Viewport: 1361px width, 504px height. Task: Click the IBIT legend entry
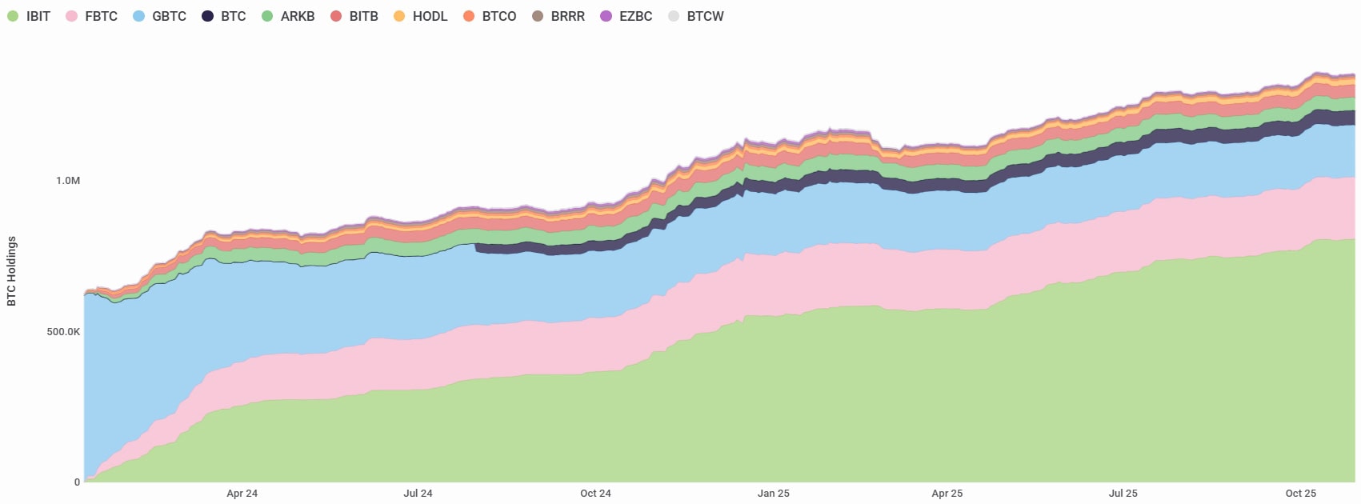coord(30,16)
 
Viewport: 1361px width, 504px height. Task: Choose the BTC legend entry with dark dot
coord(225,16)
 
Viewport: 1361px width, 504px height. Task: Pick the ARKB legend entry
coord(289,16)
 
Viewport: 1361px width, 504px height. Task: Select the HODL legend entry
coord(422,16)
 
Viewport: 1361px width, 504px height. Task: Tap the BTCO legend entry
coord(490,16)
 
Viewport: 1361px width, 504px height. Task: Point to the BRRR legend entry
coord(559,16)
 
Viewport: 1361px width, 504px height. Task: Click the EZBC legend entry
coord(627,16)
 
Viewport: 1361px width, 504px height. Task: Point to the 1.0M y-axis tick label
coord(68,181)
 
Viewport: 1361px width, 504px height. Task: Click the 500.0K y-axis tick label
coord(63,331)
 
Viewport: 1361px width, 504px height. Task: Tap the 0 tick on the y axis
coord(77,482)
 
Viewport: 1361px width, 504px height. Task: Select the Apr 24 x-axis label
coord(242,494)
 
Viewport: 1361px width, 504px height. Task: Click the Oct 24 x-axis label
coord(595,494)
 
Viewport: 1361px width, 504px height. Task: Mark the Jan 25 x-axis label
coord(773,494)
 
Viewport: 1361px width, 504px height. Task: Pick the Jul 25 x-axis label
coord(1123,494)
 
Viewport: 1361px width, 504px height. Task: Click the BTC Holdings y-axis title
coord(11,270)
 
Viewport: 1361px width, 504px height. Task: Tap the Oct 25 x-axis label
coord(1300,494)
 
